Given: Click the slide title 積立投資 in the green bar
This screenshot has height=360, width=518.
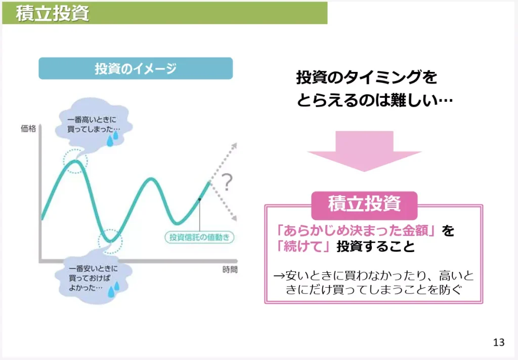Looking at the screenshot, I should (53, 14).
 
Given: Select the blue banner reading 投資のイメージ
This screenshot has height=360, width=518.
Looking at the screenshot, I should (136, 68).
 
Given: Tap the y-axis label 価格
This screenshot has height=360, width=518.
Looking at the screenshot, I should (28, 129).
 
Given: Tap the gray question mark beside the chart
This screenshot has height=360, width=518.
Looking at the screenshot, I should (227, 181).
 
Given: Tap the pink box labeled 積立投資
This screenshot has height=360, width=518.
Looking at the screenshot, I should (364, 204).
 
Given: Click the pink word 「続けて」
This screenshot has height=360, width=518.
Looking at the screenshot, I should (303, 247).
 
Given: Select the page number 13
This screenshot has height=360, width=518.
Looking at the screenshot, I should (498, 343).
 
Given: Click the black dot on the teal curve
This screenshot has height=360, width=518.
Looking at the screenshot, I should (200, 199).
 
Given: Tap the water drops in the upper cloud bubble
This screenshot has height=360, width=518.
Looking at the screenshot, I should (113, 138).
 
